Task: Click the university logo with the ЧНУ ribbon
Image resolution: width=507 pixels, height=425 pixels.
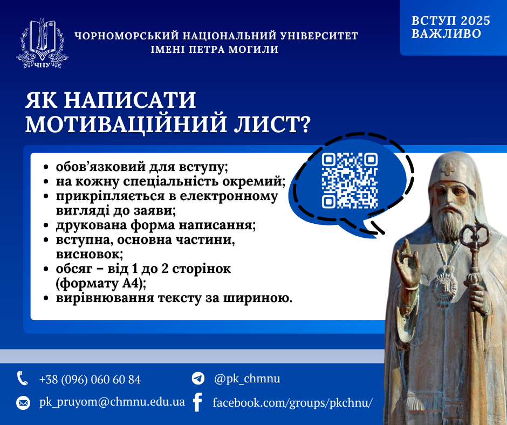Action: (x=42, y=43)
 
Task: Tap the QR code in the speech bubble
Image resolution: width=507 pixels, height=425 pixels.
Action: (x=350, y=181)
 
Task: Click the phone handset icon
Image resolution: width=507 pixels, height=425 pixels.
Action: (x=22, y=379)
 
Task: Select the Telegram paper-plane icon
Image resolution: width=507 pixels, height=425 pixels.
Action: (x=198, y=378)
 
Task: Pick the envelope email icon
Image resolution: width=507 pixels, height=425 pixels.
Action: (x=23, y=403)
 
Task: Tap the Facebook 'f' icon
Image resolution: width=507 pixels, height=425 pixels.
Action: (x=197, y=402)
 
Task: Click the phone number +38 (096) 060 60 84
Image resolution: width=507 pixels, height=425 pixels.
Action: (x=90, y=379)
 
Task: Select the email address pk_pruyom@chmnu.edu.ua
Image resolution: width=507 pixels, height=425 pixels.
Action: (x=112, y=402)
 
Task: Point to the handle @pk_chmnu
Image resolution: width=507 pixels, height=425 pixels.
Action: (x=247, y=379)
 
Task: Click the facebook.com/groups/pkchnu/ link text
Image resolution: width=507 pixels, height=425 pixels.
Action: (x=293, y=403)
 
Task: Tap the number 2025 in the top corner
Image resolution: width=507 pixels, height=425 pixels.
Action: (x=475, y=20)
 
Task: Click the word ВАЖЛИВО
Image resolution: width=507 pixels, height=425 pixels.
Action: (x=447, y=33)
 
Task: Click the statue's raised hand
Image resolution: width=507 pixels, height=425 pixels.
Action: (x=407, y=263)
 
